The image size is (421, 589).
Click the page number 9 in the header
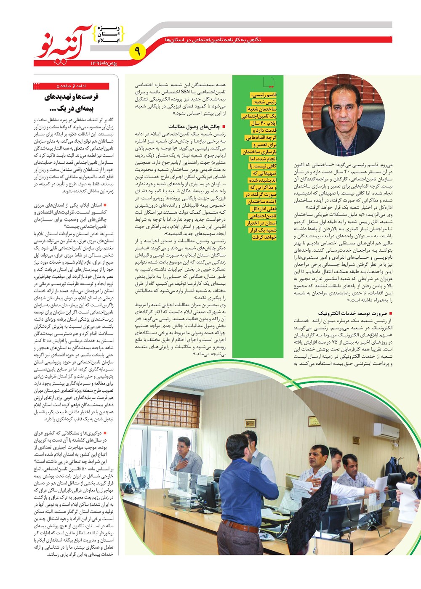138,52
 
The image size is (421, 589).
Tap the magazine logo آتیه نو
63,42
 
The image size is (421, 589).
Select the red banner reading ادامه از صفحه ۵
72,86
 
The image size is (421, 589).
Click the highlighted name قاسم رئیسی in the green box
264,95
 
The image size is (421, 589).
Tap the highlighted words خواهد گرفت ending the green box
264,237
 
